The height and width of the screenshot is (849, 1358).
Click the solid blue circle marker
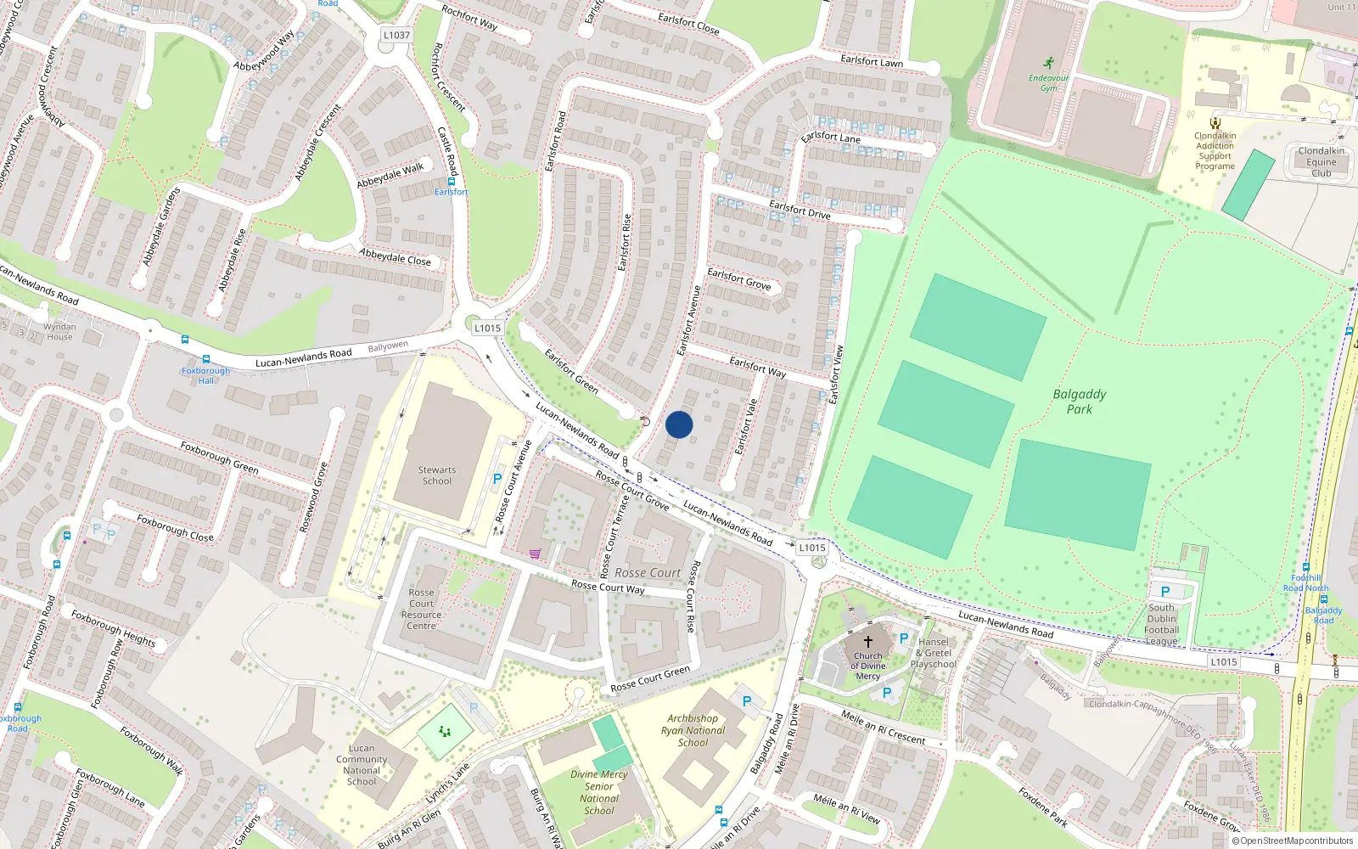pyautogui.click(x=679, y=424)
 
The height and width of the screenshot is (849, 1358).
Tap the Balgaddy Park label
pyautogui.click(x=1079, y=402)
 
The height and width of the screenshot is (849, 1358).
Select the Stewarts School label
pyautogui.click(x=437, y=475)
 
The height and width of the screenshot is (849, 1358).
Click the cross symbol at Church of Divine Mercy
pyautogui.click(x=867, y=642)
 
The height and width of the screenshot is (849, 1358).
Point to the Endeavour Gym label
pyautogui.click(x=1049, y=82)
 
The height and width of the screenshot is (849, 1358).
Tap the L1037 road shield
pyautogui.click(x=396, y=35)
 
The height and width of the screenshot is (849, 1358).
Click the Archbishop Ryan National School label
pyautogui.click(x=693, y=730)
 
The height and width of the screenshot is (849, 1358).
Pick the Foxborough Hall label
pyautogui.click(x=205, y=375)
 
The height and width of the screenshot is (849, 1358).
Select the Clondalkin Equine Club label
pyautogui.click(x=1321, y=162)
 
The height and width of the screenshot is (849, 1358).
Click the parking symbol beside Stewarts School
pyautogui.click(x=497, y=480)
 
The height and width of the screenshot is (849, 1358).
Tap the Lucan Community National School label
pyautogui.click(x=362, y=765)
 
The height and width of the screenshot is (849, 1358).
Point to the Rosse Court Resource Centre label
pyautogui.click(x=421, y=610)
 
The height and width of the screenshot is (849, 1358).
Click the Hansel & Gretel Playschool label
pyautogui.click(x=934, y=653)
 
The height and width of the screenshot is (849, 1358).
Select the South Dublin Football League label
pyautogui.click(x=1162, y=624)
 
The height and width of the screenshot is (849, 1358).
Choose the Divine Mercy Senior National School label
pyautogui.click(x=599, y=792)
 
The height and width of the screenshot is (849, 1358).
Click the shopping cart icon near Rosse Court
pyautogui.click(x=535, y=554)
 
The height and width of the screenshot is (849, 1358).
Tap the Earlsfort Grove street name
pyautogui.click(x=739, y=279)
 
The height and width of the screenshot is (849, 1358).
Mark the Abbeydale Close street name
pyautogui.click(x=395, y=256)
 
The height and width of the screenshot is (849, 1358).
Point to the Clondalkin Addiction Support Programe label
pyautogui.click(x=1215, y=151)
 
